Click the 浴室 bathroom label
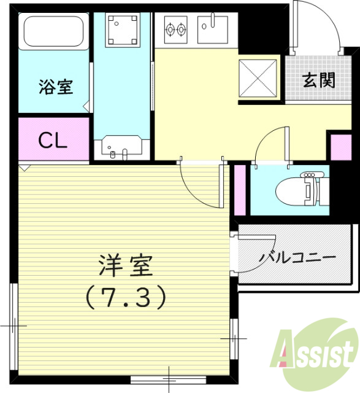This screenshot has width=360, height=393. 56,87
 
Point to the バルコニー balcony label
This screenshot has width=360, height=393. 297,256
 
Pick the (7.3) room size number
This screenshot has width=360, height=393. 126,297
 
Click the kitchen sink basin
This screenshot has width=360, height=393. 212,28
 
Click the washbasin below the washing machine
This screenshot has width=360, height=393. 122,147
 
